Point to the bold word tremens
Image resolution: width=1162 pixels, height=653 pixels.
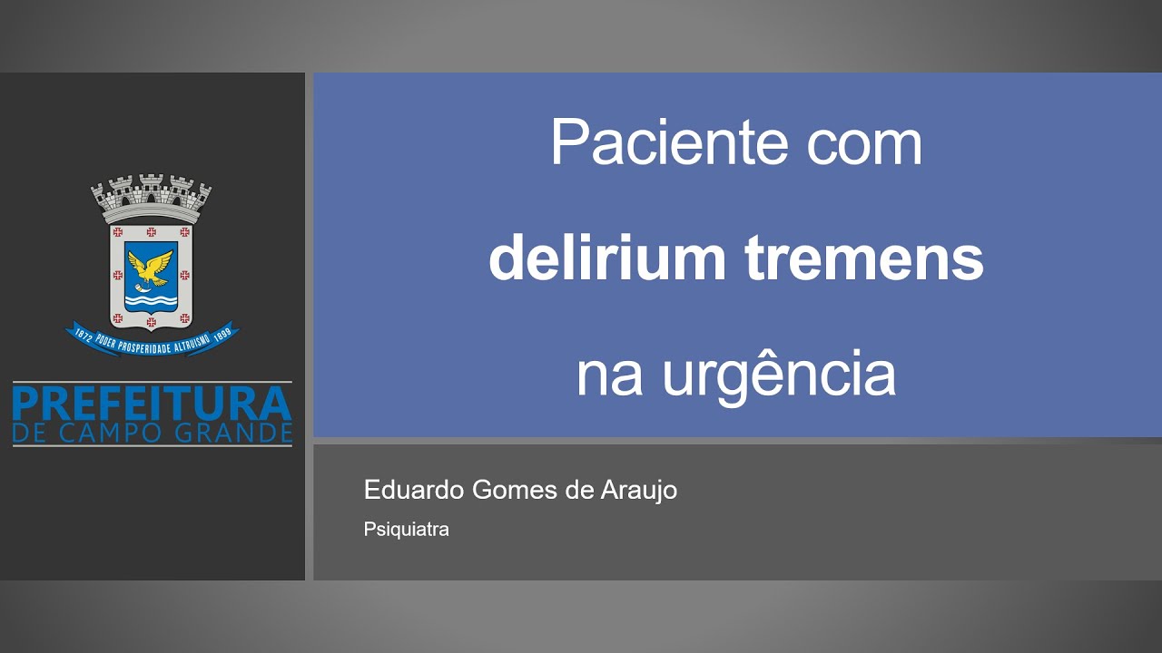click(x=864, y=259)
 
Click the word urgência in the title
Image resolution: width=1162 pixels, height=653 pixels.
click(x=779, y=375)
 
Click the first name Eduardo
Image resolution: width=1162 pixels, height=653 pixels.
click(x=414, y=491)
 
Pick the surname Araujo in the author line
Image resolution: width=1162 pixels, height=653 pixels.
click(x=639, y=491)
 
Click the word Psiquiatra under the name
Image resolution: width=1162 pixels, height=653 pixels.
click(x=406, y=529)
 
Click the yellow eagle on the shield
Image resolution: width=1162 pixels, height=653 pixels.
click(x=151, y=267)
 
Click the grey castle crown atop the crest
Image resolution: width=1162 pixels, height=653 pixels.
click(x=151, y=196)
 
